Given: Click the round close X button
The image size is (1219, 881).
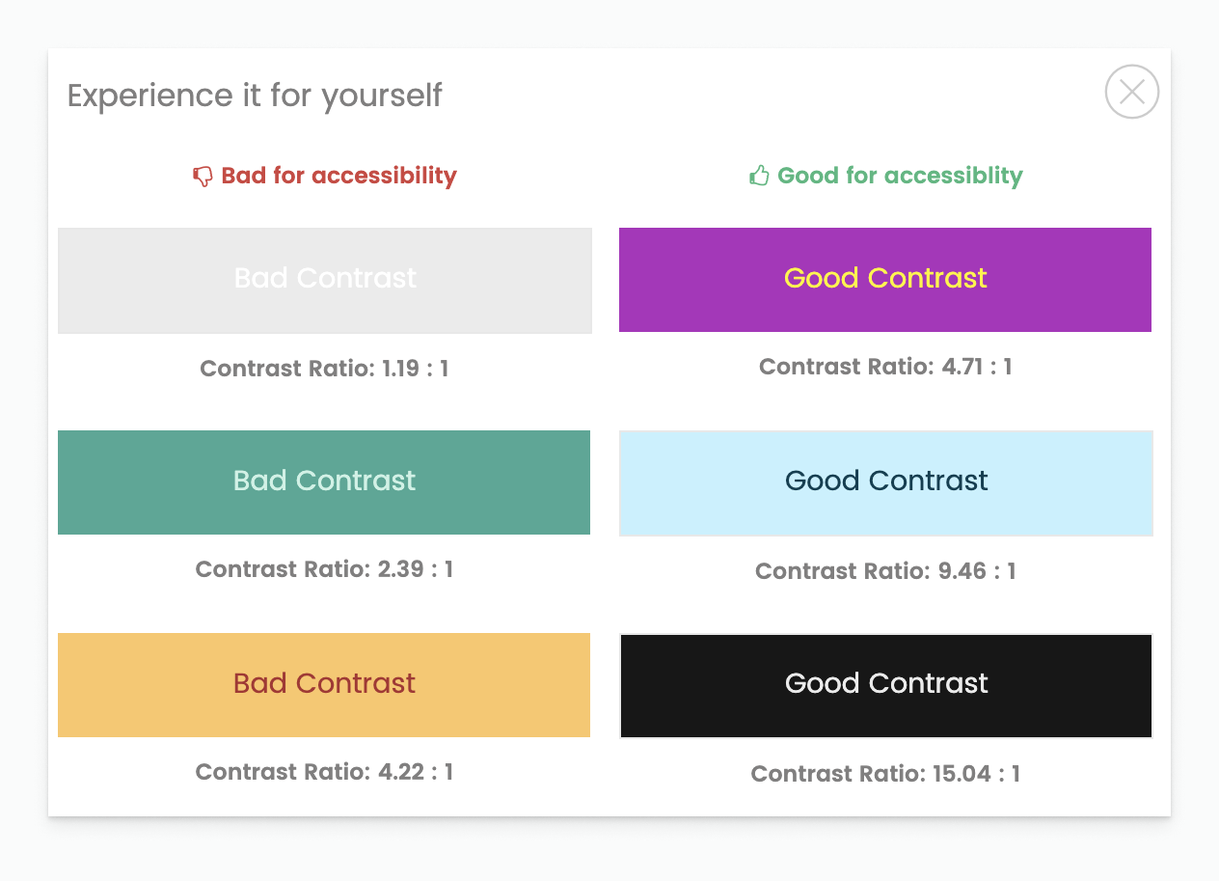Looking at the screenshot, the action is click(x=1131, y=92).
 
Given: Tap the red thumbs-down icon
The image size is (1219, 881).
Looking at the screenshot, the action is click(x=203, y=177).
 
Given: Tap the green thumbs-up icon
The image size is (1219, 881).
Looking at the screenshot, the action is click(x=759, y=176).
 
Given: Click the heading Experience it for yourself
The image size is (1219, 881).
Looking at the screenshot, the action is click(x=255, y=96).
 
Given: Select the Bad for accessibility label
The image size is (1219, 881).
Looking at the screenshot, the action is click(x=339, y=176).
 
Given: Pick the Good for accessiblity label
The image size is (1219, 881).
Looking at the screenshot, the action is click(x=900, y=176).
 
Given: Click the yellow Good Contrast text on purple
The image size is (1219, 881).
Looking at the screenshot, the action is click(x=885, y=278).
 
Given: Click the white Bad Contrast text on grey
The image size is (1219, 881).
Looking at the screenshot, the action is click(x=325, y=278).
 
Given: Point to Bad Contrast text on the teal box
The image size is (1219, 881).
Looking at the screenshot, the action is click(x=324, y=481).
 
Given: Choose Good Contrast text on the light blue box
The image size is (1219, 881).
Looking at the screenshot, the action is click(x=886, y=481).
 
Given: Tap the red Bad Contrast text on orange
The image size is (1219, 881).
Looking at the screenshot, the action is click(x=324, y=683).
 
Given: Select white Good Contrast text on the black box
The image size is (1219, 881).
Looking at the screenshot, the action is click(x=886, y=683).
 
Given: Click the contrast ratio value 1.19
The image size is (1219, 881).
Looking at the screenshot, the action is click(x=400, y=369).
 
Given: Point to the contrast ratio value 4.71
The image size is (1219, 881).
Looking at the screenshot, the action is click(x=962, y=367).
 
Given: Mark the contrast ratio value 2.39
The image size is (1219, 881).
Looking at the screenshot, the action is click(x=401, y=569).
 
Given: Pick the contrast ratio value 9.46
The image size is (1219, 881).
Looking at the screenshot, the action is click(x=962, y=571).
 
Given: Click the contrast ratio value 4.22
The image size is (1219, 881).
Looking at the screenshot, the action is click(x=401, y=772).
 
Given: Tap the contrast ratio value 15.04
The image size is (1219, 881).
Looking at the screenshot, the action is click(x=962, y=774).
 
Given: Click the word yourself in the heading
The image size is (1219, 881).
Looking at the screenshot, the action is click(x=382, y=96).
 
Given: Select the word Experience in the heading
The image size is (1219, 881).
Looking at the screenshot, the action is click(x=150, y=96).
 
